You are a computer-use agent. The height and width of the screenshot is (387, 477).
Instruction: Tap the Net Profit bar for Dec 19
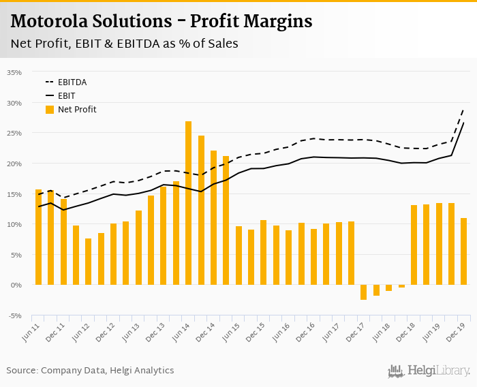(463, 251)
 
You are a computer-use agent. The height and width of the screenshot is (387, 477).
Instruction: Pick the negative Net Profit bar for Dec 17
(364, 292)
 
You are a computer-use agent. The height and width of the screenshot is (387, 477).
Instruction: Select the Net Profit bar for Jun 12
(89, 262)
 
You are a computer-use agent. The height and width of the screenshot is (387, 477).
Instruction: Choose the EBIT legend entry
(66, 95)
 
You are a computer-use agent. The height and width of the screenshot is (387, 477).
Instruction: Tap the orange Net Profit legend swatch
(50, 109)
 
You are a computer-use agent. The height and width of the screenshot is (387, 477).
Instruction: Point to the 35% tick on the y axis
(14, 72)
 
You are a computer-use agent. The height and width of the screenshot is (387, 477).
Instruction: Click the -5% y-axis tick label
(14, 315)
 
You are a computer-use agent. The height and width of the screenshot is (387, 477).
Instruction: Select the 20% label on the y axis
(14, 164)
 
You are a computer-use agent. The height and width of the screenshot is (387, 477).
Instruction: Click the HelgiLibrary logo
(429, 371)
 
